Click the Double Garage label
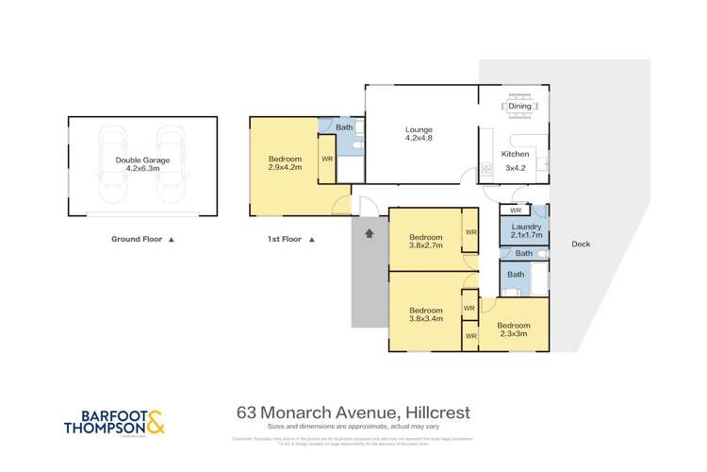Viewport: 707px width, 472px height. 142,165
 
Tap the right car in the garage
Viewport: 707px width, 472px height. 171,165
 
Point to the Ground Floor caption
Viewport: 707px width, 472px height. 140,240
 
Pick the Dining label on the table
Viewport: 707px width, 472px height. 519,107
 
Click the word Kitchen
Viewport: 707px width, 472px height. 515,153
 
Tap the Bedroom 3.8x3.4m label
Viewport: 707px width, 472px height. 425,314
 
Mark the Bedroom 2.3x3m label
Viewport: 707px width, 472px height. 514,329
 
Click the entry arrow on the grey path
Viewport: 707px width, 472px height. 370,231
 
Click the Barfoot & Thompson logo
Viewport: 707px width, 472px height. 113,419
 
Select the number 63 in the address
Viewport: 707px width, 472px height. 247,413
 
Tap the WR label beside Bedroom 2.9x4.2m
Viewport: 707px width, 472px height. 327,159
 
